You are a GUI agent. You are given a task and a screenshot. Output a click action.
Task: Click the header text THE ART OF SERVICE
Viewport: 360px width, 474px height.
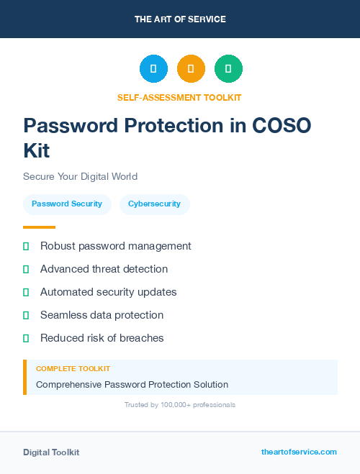pos(180,19)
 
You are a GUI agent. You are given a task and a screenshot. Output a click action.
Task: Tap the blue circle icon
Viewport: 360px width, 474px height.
pos(153,69)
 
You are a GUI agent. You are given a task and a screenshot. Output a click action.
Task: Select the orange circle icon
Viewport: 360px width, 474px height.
pos(191,69)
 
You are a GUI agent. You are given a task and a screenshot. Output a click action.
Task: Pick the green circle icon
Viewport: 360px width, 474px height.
pos(228,69)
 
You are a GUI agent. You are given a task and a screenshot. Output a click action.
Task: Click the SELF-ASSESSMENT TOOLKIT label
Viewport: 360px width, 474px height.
pos(180,97)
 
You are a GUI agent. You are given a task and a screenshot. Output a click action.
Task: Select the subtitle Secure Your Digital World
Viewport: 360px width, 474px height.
pos(80,176)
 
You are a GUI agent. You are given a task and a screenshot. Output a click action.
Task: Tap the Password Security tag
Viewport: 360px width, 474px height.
pos(67,204)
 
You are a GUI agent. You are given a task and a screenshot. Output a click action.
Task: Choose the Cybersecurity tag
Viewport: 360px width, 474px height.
pos(154,204)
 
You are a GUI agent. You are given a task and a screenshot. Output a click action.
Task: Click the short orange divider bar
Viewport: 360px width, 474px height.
pos(39,227)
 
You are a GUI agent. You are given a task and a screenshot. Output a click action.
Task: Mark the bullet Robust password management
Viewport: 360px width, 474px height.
pos(115,246)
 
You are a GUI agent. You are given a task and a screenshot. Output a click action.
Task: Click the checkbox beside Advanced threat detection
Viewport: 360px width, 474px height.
pos(26,269)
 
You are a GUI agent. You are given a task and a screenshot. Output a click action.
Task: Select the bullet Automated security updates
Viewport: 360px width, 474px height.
pos(108,292)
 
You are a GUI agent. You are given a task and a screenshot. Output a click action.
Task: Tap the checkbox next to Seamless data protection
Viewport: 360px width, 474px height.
pos(26,315)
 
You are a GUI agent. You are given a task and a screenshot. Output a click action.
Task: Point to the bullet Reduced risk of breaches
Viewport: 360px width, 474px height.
pos(102,338)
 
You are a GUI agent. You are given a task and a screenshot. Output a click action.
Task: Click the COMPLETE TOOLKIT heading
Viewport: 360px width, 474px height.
pos(73,369)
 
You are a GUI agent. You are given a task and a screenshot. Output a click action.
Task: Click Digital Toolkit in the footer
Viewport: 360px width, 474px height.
pos(51,452)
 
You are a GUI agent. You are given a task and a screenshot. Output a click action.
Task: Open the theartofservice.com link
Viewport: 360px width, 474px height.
pos(299,452)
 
